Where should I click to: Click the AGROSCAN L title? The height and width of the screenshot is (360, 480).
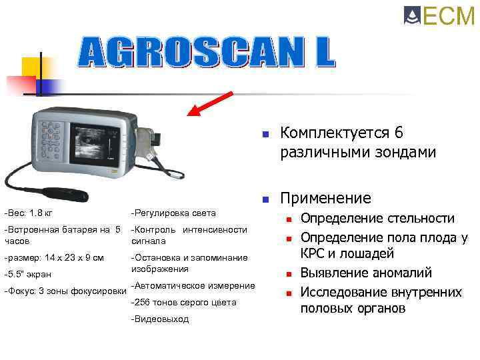(x=207, y=51)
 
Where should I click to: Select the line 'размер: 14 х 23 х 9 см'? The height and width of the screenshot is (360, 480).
(x=54, y=257)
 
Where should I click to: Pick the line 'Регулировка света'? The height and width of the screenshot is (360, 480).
(x=173, y=213)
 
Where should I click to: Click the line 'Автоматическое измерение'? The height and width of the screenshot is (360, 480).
(x=193, y=286)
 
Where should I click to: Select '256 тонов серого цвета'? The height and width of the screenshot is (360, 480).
(x=184, y=303)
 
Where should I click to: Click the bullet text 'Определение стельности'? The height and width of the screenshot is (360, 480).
(x=377, y=219)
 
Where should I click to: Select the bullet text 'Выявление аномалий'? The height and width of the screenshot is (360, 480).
(x=366, y=273)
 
